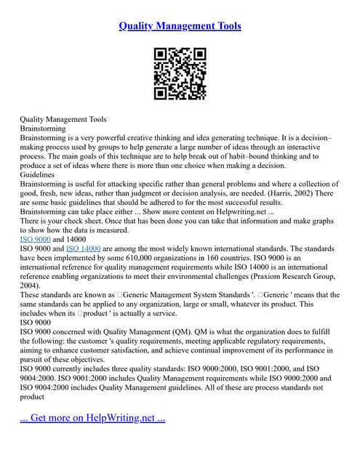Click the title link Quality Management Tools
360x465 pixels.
tap(180, 26)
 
